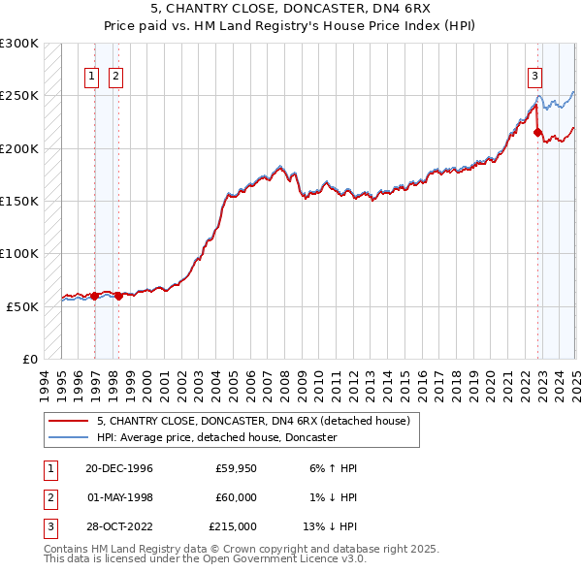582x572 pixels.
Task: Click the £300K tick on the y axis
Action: [x=19, y=44]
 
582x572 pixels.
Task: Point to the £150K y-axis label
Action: [x=19, y=201]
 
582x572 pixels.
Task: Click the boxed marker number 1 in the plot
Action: [x=92, y=77]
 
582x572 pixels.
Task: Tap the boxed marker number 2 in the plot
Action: [x=115, y=77]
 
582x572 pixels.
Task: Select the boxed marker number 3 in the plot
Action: [x=534, y=77]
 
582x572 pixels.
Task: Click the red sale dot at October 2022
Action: [x=537, y=132]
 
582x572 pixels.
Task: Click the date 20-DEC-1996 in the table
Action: [x=119, y=468]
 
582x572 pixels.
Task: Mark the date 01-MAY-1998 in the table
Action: [x=119, y=497]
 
